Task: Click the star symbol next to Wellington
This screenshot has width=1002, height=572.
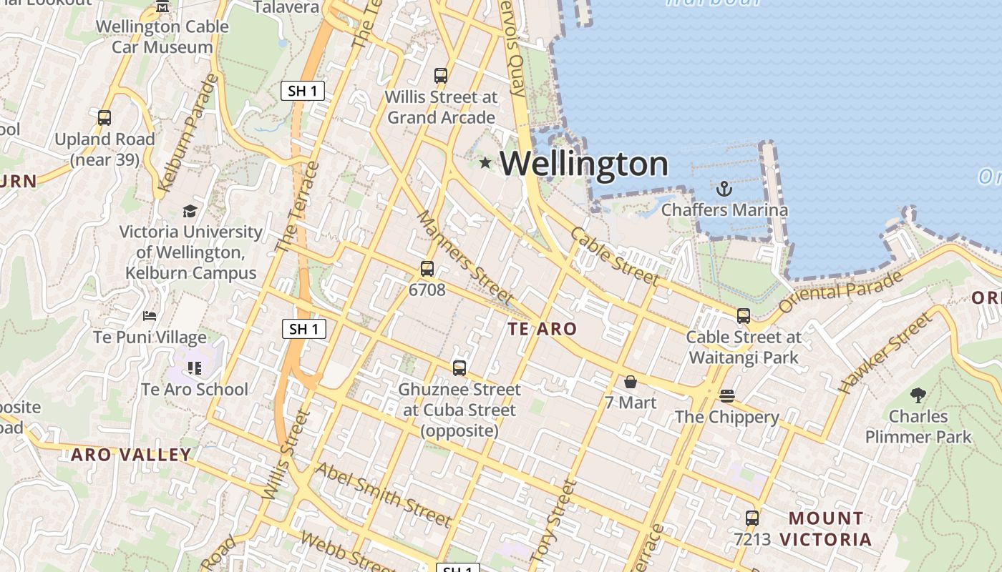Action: [485, 163]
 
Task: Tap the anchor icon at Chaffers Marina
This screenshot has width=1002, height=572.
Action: [724, 189]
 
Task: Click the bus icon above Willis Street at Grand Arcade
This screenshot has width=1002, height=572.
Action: [441, 75]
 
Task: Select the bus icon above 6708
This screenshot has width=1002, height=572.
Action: [427, 269]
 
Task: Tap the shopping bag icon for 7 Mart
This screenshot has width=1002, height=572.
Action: [631, 382]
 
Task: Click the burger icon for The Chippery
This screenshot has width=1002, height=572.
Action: [727, 396]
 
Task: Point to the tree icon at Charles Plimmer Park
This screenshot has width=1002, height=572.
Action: [918, 395]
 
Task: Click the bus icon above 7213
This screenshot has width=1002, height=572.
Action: [752, 518]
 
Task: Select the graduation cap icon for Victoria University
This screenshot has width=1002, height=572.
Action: [190, 211]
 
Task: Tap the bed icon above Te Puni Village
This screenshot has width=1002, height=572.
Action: [150, 315]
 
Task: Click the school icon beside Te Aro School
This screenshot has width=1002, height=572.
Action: [195, 368]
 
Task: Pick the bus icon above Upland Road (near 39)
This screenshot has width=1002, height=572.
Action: [104, 118]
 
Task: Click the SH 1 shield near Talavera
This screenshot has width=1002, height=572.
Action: [303, 91]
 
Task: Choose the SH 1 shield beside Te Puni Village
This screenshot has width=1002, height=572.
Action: [304, 329]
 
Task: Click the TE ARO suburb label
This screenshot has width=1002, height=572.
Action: [543, 329]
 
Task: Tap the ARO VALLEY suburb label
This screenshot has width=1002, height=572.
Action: [131, 455]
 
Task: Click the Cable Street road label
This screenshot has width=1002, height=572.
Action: [614, 256]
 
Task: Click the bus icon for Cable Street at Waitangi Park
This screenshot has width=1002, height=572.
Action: [744, 315]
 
